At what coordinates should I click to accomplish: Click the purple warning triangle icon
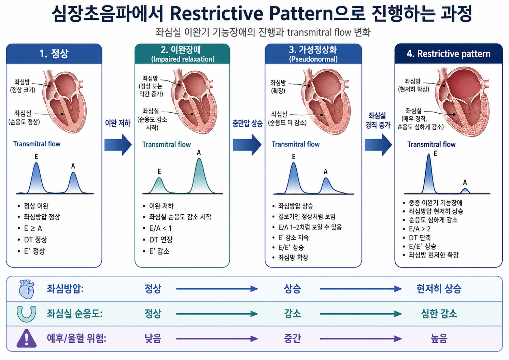[x=27, y=339]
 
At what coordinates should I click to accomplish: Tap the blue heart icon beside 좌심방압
[x=27, y=289]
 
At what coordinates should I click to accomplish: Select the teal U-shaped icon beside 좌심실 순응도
[x=27, y=314]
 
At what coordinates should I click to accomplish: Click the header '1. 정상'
[x=54, y=54]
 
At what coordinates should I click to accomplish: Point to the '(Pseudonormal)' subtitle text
[x=313, y=59]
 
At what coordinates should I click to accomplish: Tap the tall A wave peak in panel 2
[x=199, y=159]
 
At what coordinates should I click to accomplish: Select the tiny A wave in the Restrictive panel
[x=465, y=191]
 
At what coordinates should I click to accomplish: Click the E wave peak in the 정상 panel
[x=36, y=163]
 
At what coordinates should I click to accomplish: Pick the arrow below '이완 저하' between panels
[x=118, y=145]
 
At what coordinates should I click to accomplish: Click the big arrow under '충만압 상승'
[x=247, y=145]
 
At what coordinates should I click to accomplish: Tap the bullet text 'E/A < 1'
[x=160, y=228]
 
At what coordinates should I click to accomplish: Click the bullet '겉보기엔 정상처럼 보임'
[x=307, y=216]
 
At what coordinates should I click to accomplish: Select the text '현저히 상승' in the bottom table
[x=439, y=289]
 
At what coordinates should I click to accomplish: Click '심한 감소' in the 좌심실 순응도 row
[x=439, y=314]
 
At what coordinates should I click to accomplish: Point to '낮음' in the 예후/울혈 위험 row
[x=153, y=339]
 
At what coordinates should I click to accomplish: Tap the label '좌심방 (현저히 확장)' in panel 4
[x=413, y=85]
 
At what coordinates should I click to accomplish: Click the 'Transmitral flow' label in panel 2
[x=166, y=144]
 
